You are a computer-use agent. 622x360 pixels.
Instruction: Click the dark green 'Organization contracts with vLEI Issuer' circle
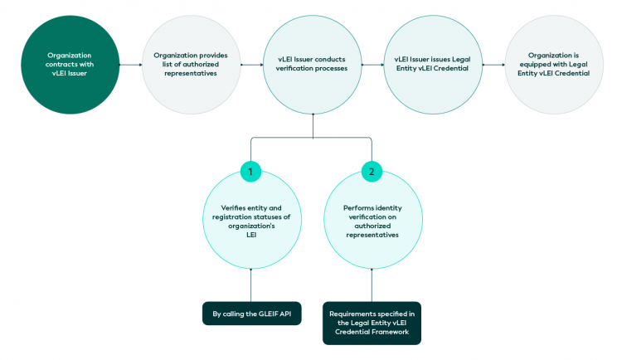point(69,63)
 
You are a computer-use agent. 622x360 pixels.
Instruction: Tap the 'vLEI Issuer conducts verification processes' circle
point(312,63)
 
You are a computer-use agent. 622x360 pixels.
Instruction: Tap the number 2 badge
point(372,172)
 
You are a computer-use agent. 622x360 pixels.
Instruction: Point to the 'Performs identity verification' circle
point(372,220)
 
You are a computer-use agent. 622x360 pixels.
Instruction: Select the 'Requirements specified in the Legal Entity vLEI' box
point(372,323)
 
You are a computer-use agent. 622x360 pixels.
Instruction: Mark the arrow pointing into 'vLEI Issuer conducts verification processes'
point(255,63)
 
